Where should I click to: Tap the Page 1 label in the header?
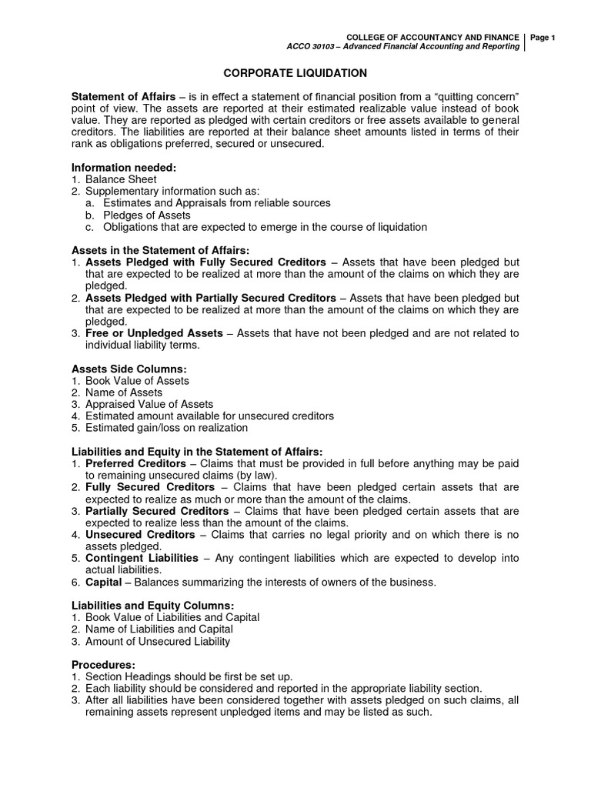tap(542, 38)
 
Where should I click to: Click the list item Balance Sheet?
tap(121, 179)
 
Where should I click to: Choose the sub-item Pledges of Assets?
tap(146, 215)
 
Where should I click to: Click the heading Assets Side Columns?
tap(129, 369)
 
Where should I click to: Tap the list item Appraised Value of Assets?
tap(149, 404)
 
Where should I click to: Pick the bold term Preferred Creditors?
tap(135, 464)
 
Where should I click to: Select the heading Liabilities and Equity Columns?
tap(153, 606)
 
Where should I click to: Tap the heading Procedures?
tap(103, 664)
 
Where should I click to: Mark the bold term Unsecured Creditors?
tap(140, 535)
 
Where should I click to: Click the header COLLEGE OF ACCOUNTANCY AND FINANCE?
tap(433, 38)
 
